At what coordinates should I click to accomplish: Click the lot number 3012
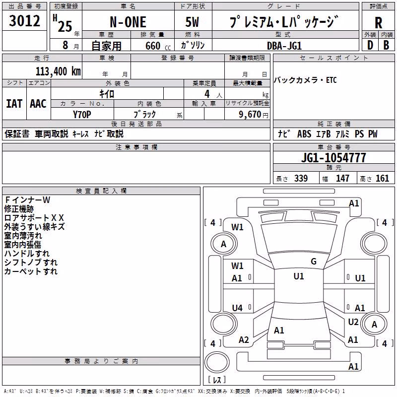(24, 21)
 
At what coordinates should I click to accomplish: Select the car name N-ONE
(128, 22)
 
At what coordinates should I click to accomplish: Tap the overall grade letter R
(378, 23)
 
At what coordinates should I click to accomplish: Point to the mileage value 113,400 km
(58, 71)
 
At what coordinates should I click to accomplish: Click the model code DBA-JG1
(284, 46)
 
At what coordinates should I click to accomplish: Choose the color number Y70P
(82, 115)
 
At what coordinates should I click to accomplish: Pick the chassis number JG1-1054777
(333, 158)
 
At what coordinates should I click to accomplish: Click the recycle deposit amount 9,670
(250, 115)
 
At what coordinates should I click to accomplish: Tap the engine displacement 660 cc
(158, 46)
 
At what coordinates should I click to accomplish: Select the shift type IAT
(14, 104)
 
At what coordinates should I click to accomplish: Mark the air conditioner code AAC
(38, 104)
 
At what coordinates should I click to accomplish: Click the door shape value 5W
(192, 22)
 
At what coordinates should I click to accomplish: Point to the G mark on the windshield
(314, 261)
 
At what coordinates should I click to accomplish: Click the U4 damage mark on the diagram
(237, 308)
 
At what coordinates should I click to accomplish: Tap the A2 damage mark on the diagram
(244, 340)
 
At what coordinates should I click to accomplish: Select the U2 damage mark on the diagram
(353, 322)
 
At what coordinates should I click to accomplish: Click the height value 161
(382, 179)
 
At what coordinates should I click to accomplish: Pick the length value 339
(301, 179)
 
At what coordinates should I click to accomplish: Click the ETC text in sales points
(331, 80)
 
